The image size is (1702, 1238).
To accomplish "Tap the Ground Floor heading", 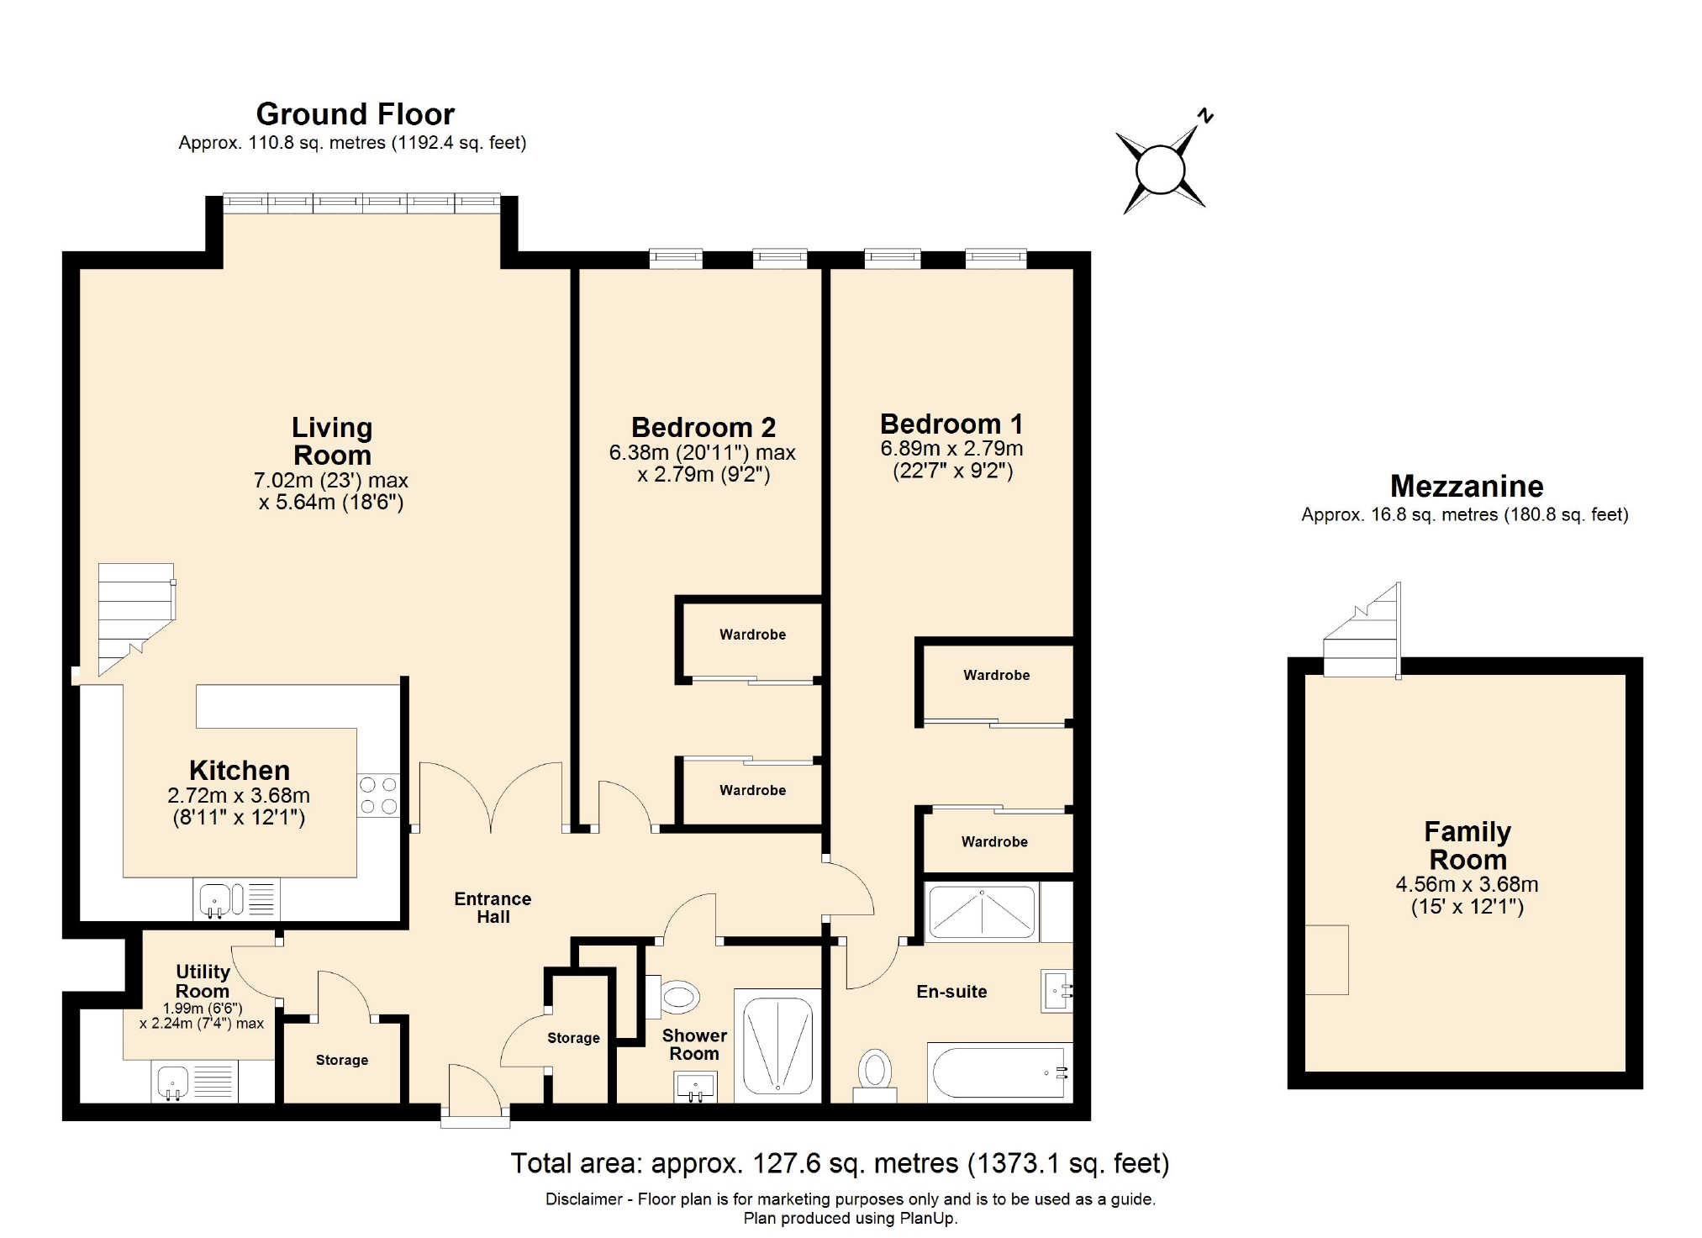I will pos(355,114).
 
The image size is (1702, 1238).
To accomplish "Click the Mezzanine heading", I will pos(1466,487).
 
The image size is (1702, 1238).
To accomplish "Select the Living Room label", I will pos(332,441).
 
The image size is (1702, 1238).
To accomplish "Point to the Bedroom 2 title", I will pos(703,428).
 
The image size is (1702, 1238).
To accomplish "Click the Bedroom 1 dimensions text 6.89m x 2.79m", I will pos(951,449).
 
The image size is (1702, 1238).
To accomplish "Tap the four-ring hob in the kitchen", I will pos(378,795).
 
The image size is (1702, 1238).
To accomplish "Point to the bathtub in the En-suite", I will pos(999,1072).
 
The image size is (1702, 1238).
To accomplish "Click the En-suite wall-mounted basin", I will pos(1057,990).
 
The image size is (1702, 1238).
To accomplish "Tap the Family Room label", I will pos(1467,846).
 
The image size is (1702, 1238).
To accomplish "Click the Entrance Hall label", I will pos(493,908).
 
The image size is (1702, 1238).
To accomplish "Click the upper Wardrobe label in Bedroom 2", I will pos(752,635).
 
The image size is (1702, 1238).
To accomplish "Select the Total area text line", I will pos(840,1163).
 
